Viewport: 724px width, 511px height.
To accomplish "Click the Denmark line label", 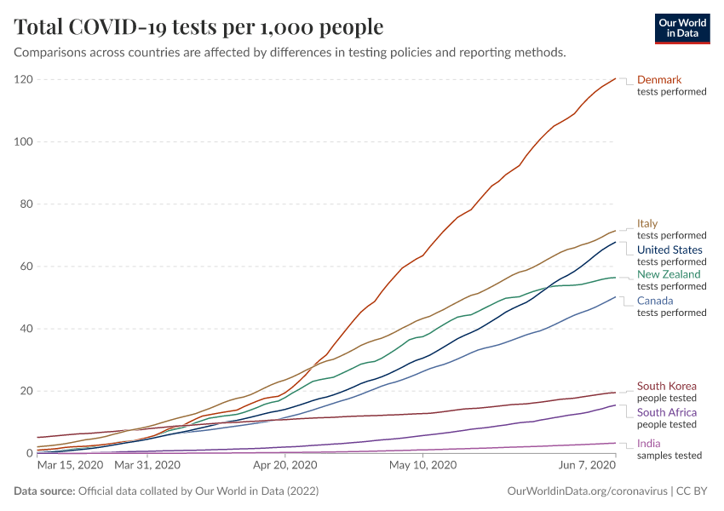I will coord(659,80).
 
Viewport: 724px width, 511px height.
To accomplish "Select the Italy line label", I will coord(647,224).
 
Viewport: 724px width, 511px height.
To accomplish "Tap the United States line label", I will coord(669,250).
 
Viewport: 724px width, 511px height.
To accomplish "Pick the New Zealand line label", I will coord(669,274).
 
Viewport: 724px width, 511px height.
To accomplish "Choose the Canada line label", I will coord(655,301).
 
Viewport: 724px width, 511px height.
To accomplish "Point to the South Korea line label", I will coord(666,386).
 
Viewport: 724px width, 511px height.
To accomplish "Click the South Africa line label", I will coord(667,412).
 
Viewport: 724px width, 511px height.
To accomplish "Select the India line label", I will coord(649,443).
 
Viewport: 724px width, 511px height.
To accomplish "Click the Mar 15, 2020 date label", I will coord(70,466).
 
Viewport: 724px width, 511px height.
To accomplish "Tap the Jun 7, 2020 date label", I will coord(588,466).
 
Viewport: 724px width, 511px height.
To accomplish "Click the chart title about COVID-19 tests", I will coord(198,27).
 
